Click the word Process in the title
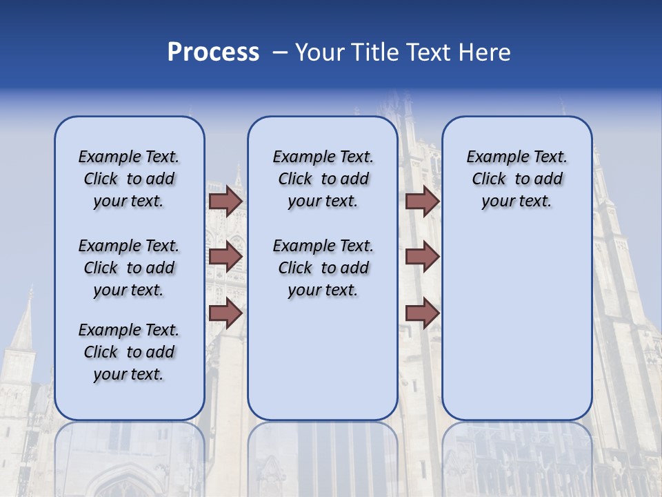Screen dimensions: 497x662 click(213, 52)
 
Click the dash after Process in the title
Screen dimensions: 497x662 click(280, 53)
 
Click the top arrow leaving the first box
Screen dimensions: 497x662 click(225, 201)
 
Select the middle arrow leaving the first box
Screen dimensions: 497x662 click(225, 257)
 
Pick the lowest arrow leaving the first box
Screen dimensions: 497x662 click(225, 313)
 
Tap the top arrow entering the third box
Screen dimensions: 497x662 click(422, 201)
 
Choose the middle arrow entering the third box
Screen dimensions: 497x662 click(422, 257)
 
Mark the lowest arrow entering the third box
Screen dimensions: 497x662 click(422, 313)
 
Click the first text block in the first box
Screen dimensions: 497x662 click(129, 179)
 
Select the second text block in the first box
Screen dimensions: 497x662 click(129, 268)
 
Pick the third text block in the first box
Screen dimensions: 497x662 click(129, 352)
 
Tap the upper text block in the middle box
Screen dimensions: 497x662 click(323, 179)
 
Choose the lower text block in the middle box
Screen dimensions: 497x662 click(323, 268)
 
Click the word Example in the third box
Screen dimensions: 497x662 click(492, 157)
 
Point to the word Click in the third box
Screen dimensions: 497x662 click(489, 179)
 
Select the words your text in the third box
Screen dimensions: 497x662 click(516, 202)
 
